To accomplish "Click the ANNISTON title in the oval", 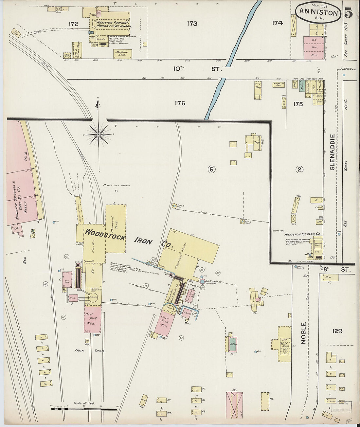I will (318, 13).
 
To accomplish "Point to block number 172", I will (73, 24).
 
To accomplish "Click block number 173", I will (192, 24).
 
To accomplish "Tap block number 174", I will (277, 23).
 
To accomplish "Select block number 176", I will (180, 103).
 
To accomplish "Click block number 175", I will (298, 104).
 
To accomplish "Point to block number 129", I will (337, 331).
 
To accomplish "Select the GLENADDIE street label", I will (333, 152).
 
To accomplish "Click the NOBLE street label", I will (303, 333).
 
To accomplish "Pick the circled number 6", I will (212, 169).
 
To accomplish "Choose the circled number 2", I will (299, 169).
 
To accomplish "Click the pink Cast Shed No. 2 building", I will (93, 319).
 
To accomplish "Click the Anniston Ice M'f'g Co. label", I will (303, 234).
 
